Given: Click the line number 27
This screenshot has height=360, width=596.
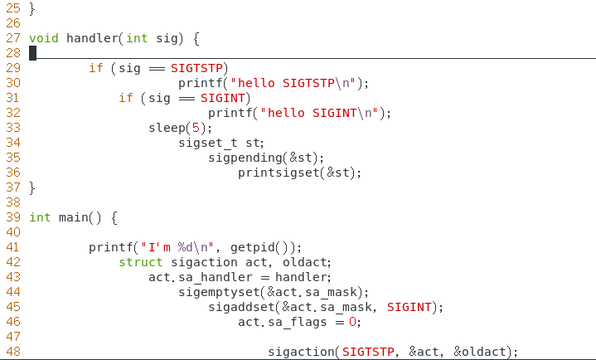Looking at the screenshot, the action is [12, 38].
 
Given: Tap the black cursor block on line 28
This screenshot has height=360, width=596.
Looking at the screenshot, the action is [32, 53].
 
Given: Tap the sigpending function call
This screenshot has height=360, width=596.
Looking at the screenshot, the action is [245, 158].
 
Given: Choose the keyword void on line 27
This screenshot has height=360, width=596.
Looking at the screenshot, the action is [43, 38].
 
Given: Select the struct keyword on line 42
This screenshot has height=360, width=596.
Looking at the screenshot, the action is [140, 262].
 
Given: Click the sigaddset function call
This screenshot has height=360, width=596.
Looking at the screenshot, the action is [245, 307].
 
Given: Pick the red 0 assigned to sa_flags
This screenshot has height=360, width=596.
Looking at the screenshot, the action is [352, 322].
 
